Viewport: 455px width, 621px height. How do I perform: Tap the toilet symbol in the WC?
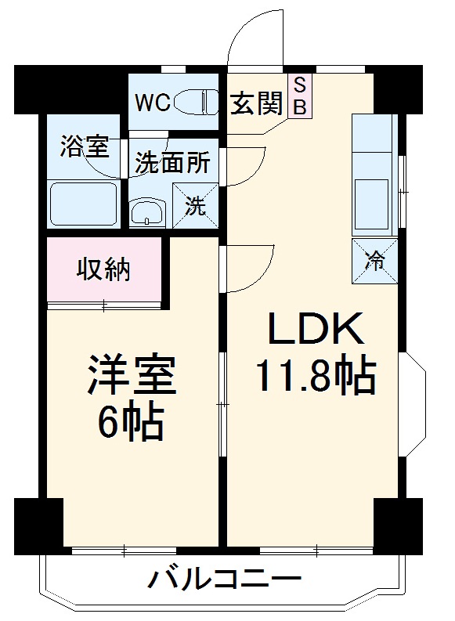click(195, 102)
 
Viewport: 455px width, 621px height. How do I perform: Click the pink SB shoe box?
click(300, 96)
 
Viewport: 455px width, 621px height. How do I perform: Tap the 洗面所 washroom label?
click(172, 162)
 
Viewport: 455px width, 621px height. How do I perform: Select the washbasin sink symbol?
click(146, 211)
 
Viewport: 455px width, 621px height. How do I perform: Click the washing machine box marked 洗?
click(195, 205)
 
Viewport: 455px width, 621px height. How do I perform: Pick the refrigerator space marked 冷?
click(374, 261)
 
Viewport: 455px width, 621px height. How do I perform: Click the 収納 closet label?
click(103, 269)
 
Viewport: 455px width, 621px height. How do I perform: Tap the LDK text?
click(316, 328)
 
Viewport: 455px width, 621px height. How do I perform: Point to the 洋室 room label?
click(132, 374)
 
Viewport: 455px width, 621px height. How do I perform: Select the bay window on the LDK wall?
click(413, 404)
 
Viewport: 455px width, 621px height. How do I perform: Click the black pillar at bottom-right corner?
click(398, 526)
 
